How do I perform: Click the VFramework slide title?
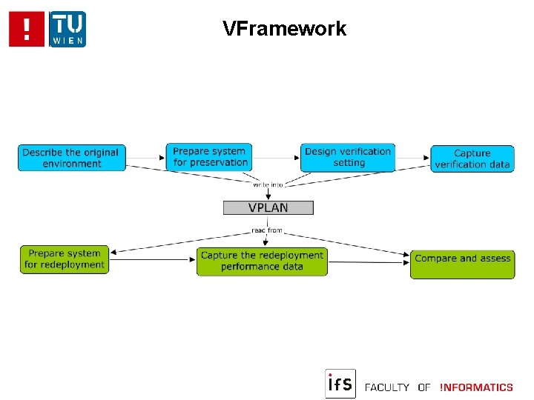click(x=284, y=29)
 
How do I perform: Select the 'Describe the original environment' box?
click(x=72, y=158)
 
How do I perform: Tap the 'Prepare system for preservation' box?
click(x=210, y=157)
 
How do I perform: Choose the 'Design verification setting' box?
click(x=348, y=157)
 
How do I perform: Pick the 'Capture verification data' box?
click(x=472, y=159)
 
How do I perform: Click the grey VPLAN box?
click(x=268, y=207)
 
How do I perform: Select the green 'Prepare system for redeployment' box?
click(x=65, y=259)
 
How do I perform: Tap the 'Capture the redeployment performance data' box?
click(x=262, y=261)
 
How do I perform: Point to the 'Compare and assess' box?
click(x=462, y=264)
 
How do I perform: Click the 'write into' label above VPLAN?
click(x=268, y=184)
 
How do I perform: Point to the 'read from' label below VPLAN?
click(x=267, y=230)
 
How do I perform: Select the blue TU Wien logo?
click(x=67, y=29)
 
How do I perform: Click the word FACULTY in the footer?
click(x=387, y=387)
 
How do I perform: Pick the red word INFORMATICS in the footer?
click(x=476, y=387)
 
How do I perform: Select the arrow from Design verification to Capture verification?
click(x=413, y=157)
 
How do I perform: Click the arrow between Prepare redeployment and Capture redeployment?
click(x=152, y=260)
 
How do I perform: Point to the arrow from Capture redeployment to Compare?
click(x=368, y=261)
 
